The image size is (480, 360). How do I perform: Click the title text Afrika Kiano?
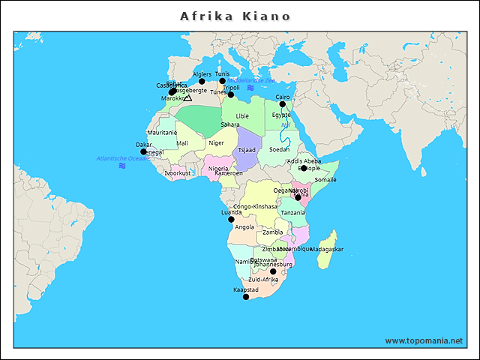coord(235,16)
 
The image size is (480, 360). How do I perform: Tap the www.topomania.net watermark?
coord(423,340)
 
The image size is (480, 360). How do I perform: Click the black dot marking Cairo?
coord(283,104)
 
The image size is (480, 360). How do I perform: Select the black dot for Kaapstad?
coord(246,297)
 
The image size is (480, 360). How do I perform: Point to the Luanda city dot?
coord(231,219)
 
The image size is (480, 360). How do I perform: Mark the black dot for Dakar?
coord(143,151)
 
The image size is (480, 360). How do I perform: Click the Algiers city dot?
coord(202,82)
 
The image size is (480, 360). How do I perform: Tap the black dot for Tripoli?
coord(231,94)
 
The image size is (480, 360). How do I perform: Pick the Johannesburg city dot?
coord(273,271)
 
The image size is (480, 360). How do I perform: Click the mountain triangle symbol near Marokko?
coord(187,97)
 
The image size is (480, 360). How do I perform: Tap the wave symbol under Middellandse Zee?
coord(250,88)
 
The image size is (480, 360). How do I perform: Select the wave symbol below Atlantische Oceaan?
coord(121,166)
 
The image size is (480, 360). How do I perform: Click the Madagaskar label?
coord(326,249)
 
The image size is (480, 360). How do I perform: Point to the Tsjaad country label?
coord(247,150)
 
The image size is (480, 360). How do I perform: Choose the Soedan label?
coord(279,149)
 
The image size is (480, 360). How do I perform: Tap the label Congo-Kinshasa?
coord(255,206)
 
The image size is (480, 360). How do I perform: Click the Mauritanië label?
coord(162,133)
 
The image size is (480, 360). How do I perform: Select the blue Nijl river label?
coord(285,125)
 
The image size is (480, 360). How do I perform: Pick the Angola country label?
coord(244,226)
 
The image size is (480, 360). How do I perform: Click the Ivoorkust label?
coord(178,172)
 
